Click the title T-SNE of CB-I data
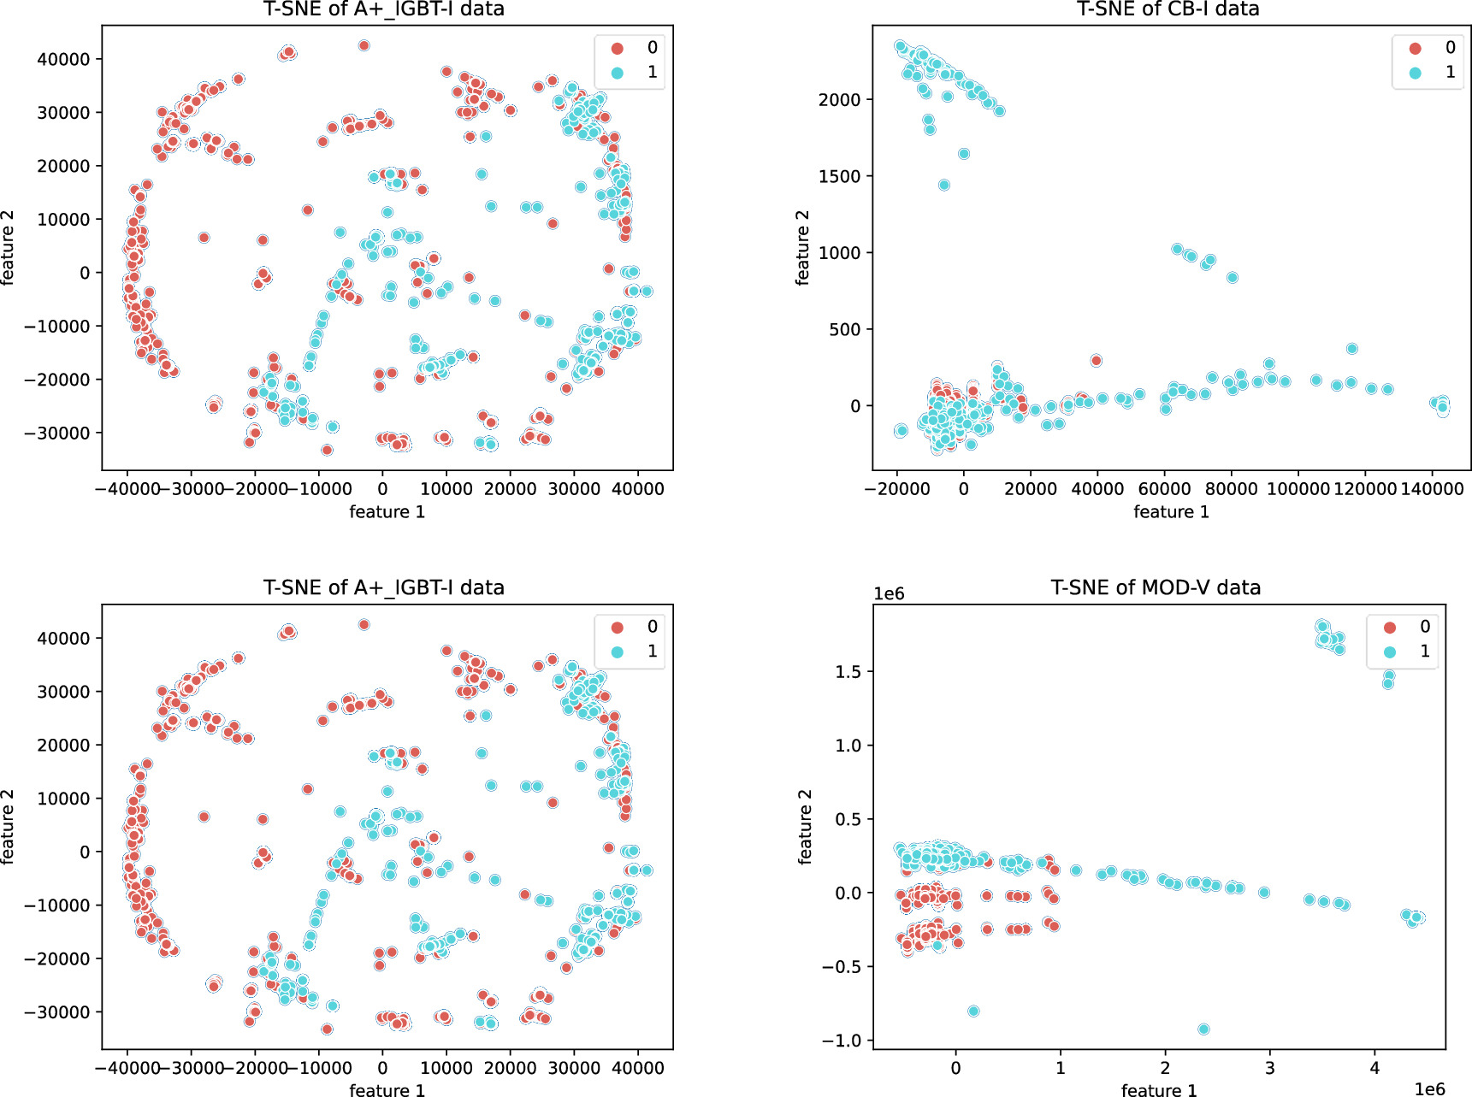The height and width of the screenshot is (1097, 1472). click(x=1168, y=9)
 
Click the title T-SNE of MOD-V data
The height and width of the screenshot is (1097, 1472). click(x=1156, y=587)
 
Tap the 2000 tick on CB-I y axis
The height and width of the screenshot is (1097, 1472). click(x=839, y=100)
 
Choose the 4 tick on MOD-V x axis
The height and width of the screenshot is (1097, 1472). click(x=1374, y=1068)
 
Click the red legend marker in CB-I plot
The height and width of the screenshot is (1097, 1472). click(x=1415, y=49)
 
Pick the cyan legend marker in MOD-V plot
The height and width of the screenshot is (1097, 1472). click(x=1389, y=652)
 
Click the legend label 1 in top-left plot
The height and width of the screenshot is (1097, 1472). click(x=652, y=73)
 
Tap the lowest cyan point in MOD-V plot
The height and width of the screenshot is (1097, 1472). click(x=1203, y=1029)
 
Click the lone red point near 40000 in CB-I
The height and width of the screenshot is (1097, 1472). click(x=1097, y=361)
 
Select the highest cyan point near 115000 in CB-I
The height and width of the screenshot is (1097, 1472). click(x=1351, y=349)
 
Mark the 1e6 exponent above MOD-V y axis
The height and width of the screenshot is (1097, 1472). click(x=889, y=594)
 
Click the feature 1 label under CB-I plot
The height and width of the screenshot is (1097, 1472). click(x=1171, y=512)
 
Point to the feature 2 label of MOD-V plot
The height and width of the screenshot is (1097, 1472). click(x=805, y=827)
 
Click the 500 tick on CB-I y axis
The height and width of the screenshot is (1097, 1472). click(x=845, y=330)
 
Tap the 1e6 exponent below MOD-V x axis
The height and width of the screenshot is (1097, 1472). click(x=1428, y=1088)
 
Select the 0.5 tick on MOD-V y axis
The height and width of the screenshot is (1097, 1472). click(x=848, y=819)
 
